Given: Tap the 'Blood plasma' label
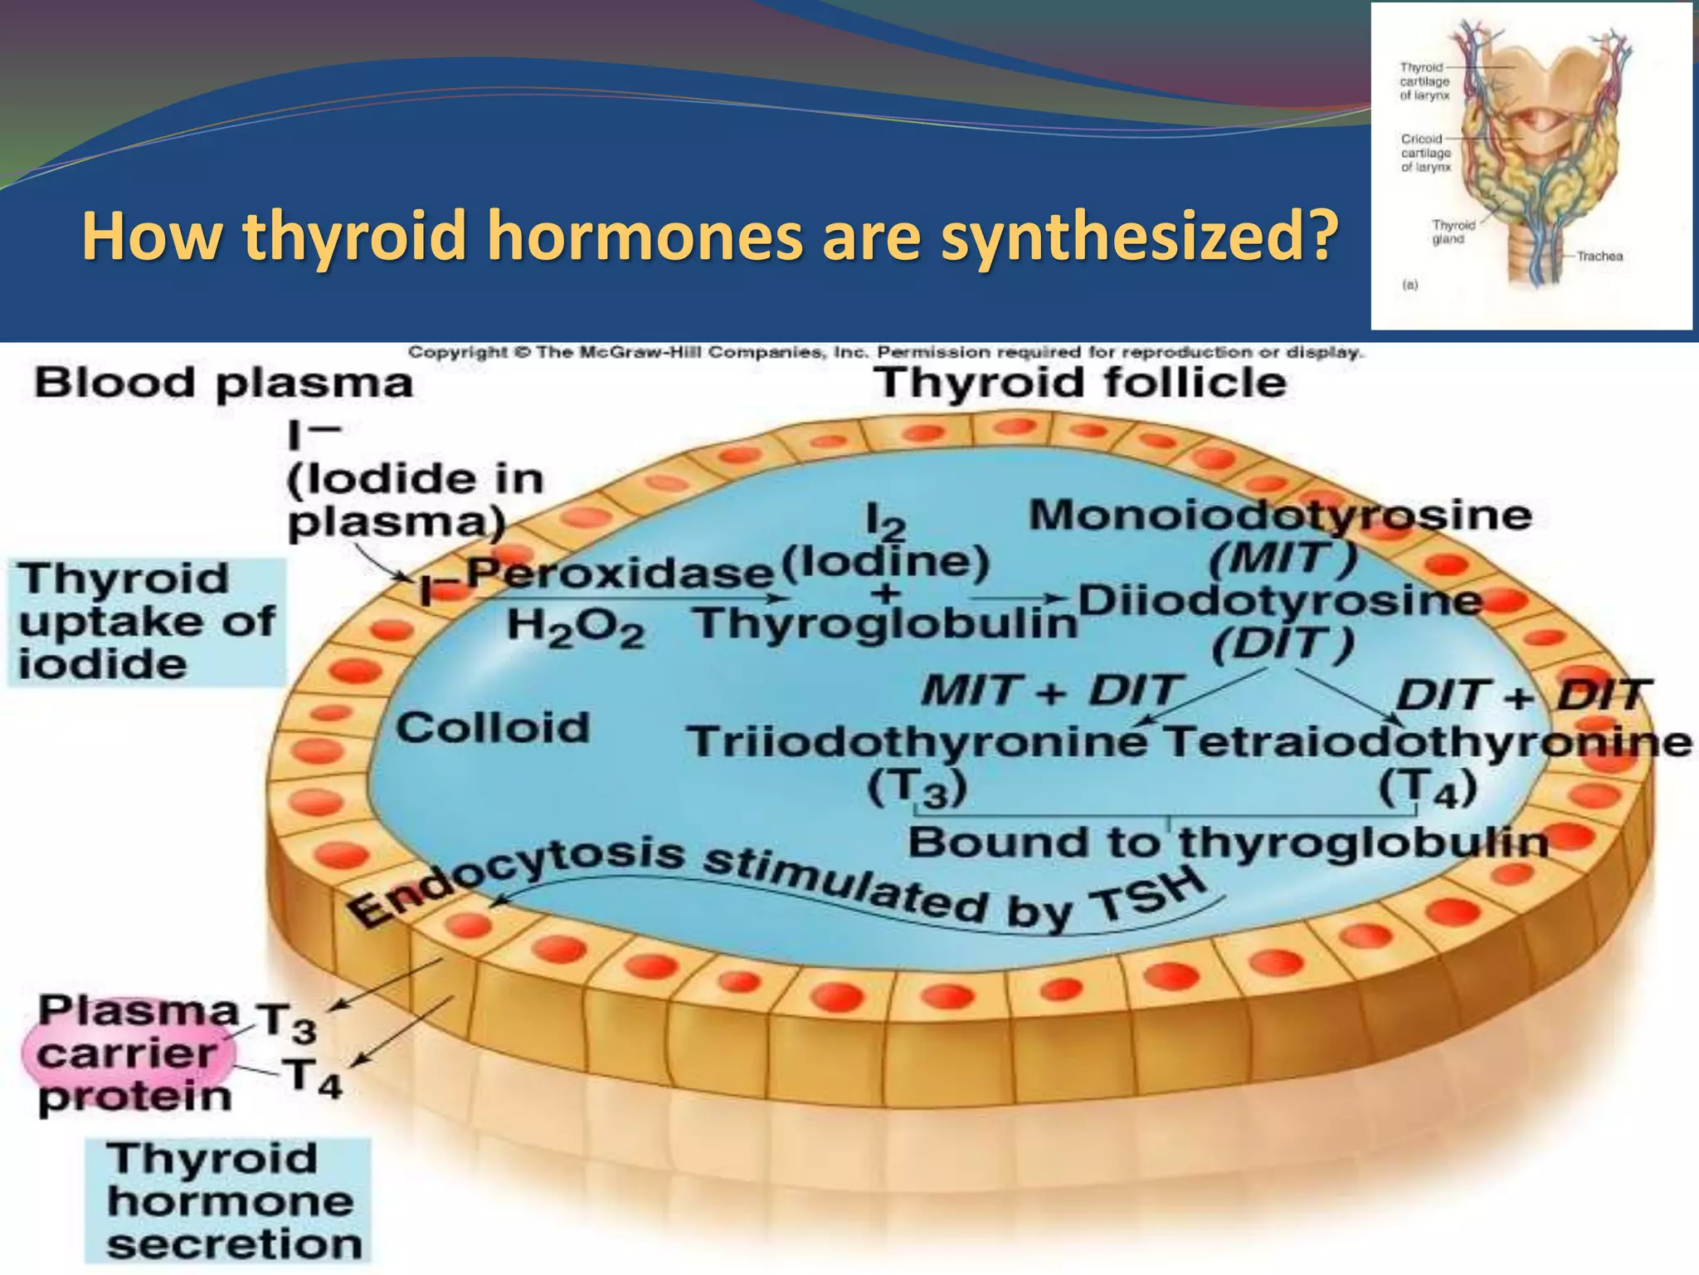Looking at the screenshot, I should click(x=223, y=383).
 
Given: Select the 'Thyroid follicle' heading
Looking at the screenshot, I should click(x=1079, y=383).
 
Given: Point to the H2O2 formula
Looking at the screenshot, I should click(x=575, y=627).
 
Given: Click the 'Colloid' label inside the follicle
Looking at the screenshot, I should click(x=492, y=728).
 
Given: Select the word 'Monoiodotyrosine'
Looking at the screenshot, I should click(x=1280, y=515).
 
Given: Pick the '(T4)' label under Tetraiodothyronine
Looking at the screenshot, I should click(x=1428, y=789).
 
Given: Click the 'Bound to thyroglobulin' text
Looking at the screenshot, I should click(x=1228, y=843).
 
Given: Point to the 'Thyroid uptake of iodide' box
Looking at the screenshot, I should click(x=146, y=623).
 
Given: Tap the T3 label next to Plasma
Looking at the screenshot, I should click(x=285, y=1023).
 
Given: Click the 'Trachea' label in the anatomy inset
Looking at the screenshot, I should click(x=1599, y=256).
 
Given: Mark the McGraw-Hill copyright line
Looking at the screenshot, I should click(x=885, y=353).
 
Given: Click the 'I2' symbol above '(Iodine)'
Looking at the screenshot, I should click(x=885, y=523).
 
